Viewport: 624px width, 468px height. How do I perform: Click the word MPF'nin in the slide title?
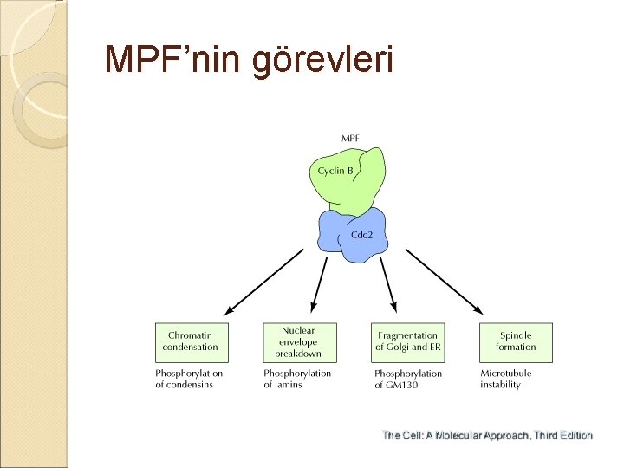[x=172, y=59]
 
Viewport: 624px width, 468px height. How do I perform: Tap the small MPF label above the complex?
[x=351, y=138]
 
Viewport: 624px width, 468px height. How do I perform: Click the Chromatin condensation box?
[x=190, y=341]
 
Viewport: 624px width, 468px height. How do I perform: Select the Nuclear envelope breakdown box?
[x=298, y=341]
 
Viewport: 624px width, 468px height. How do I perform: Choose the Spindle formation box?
[x=516, y=341]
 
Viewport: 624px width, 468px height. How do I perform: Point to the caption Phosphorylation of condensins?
[x=189, y=379]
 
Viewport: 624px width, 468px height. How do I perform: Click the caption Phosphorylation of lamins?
[x=297, y=379]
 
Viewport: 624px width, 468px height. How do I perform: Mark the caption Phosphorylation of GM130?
[x=407, y=379]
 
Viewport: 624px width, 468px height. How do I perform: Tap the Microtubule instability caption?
[x=506, y=379]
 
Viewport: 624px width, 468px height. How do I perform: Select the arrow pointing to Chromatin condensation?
[x=264, y=281]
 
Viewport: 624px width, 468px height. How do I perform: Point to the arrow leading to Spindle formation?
[x=444, y=281]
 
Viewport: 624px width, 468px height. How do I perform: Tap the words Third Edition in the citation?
[x=562, y=435]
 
